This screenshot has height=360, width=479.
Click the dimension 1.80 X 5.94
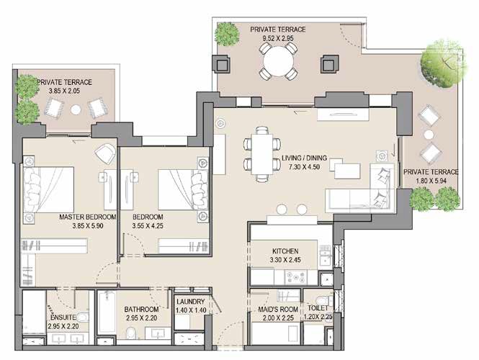tap(431, 182)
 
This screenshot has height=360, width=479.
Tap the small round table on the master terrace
tap(76, 109)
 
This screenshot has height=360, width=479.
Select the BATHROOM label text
tap(142, 310)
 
